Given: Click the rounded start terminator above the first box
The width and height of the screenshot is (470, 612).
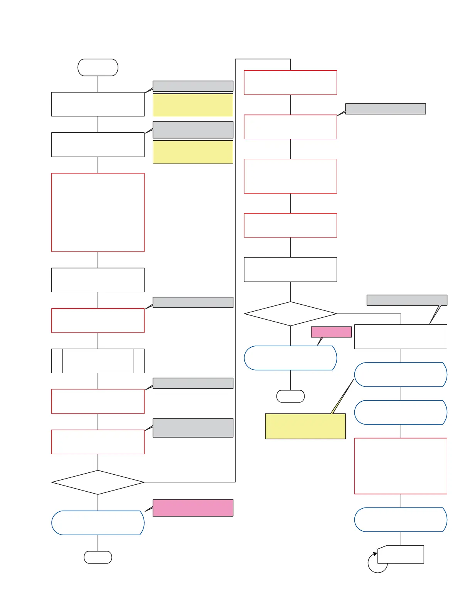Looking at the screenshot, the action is tap(98, 67).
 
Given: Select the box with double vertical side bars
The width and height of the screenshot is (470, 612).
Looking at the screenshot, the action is tap(98, 361).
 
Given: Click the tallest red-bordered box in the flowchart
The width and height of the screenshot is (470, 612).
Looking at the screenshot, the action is tap(98, 212).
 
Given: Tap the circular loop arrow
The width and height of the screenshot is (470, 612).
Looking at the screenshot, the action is tap(377, 563).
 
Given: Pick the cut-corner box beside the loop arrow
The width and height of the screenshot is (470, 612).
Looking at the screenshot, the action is tap(401, 555).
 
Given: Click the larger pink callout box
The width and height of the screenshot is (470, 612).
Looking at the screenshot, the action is tap(193, 508).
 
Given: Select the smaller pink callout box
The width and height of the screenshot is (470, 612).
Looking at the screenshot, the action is tap(331, 332).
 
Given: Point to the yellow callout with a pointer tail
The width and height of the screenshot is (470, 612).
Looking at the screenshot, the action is tap(305, 426).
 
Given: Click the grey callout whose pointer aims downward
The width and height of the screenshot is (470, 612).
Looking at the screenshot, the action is tap(407, 300).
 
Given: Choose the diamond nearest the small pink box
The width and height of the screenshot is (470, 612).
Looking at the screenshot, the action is tap(290, 314).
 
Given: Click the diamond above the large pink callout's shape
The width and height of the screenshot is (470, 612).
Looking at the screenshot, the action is tap(98, 482).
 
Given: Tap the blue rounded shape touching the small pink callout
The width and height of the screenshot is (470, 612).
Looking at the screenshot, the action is tap(290, 358).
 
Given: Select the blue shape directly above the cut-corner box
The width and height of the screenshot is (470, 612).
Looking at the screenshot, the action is tap(401, 520).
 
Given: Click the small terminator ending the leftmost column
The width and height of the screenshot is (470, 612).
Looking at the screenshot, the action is tap(98, 557).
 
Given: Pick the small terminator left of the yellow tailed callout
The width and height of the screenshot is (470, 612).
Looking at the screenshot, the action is tap(290, 396).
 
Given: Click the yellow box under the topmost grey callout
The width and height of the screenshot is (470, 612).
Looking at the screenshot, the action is tap(193, 105).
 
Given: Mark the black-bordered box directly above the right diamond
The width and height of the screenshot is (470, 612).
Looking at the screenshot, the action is tap(290, 270).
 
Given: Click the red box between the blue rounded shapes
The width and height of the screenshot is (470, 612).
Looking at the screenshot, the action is tap(401, 466).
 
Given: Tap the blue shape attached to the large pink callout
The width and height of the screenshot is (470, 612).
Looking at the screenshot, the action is tap(98, 523).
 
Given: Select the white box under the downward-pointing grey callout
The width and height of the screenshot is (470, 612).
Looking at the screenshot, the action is tap(401, 337).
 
